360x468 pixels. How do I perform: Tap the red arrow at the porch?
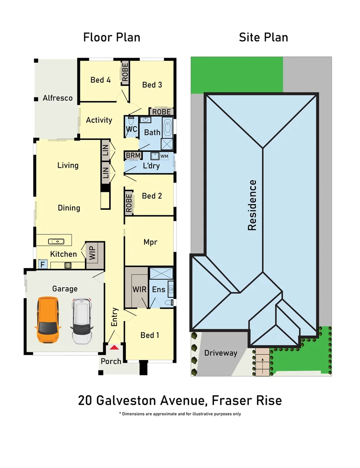[x=114, y=347]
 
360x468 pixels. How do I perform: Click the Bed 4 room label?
[x=100, y=80]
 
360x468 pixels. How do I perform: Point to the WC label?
[x=131, y=129]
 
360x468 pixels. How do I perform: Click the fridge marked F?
[x=43, y=264]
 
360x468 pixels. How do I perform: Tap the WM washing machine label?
[x=164, y=156]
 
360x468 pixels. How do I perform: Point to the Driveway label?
[x=221, y=353]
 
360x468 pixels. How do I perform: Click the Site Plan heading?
[x=263, y=38]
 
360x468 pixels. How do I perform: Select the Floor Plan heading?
[x=111, y=38]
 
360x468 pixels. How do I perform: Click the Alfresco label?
[x=58, y=98]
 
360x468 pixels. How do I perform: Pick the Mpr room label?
[x=150, y=242]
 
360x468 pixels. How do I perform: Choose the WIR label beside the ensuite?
[x=137, y=289]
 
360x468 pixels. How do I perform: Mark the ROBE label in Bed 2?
[x=129, y=203]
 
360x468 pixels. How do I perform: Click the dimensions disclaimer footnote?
[x=180, y=414]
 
